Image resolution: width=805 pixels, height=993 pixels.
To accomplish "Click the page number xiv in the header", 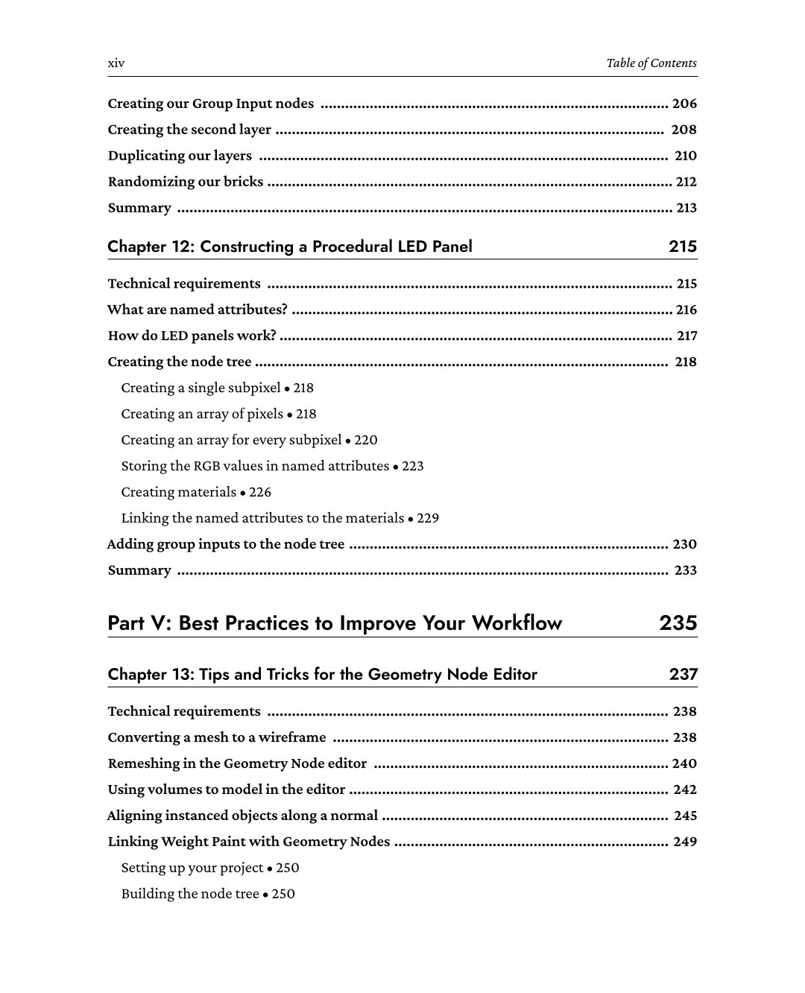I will pos(116,63).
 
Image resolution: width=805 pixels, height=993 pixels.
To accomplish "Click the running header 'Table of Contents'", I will pos(651,63).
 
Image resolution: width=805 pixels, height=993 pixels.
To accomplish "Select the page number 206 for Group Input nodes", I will pos(684,104).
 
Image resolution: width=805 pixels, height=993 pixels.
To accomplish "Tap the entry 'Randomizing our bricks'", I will pos(185,181).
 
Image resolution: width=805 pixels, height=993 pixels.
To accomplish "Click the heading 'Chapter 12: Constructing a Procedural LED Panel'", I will pos(289,246).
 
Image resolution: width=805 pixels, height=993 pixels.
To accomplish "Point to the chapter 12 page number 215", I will pos(682,246).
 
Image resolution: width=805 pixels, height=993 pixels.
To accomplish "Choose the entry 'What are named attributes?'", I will pos(197,309).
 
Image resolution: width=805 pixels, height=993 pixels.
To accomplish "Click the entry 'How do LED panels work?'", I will pos(192,335).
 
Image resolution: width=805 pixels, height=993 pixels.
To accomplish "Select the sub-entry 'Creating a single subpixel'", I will pos(201,388).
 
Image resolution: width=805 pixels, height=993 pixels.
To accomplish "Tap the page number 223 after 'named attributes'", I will pos(412,466).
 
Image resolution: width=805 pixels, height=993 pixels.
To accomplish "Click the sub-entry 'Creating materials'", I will pos(178,492).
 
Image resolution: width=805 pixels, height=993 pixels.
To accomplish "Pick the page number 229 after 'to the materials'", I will pos(428,518).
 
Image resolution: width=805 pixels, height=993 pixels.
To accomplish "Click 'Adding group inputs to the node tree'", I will pos(226,544).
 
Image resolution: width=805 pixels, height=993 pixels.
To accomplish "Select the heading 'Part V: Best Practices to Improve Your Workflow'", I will pos(335,622).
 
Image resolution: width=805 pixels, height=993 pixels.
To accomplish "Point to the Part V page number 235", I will pos(678,622).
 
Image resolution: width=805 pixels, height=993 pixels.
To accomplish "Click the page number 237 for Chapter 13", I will pos(683,674).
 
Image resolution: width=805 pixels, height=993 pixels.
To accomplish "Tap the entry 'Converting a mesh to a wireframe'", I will pos(216,737).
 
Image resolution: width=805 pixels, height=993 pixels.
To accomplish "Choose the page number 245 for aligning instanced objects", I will pos(685,816).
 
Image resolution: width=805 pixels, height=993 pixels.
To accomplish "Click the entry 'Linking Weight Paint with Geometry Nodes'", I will pos(248,842).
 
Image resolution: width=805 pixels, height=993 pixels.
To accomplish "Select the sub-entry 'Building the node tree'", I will pos(190,894).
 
